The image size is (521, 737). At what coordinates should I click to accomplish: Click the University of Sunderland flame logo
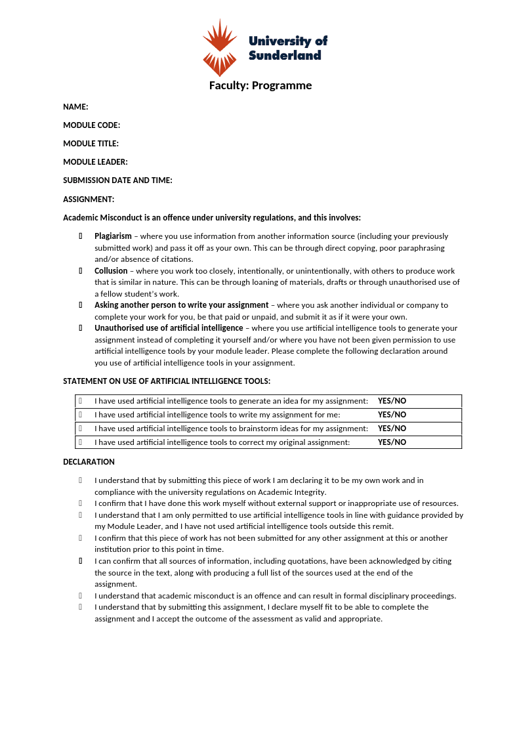pos(219,48)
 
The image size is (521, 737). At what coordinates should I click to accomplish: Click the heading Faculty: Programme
pos(260,85)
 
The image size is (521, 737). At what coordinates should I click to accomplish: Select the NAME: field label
pos(75,107)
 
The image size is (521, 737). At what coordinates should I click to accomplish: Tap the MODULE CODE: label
pos(91,125)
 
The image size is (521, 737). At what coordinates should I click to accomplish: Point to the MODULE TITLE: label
pos(91,144)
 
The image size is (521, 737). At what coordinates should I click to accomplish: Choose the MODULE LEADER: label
pos(95,162)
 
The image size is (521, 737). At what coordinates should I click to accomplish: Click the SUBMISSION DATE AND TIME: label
pos(117,180)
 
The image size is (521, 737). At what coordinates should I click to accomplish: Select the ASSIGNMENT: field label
pos(89,200)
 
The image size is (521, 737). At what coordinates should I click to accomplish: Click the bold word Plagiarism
pos(113,236)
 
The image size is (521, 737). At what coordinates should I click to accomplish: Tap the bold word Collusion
pos(111,271)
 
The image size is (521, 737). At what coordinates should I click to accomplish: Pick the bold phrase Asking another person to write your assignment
pos(181,305)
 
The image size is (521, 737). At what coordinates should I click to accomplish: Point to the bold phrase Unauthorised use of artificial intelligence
pos(169,328)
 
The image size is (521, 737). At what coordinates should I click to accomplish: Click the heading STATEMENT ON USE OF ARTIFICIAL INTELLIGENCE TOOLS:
pos(167,381)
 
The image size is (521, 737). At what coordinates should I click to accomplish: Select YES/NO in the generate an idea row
pos(392,401)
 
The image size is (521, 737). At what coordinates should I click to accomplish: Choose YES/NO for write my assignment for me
pos(392,415)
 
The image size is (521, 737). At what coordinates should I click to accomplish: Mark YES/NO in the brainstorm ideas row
pos(392,429)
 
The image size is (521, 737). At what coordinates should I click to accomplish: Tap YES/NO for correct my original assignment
pos(392,442)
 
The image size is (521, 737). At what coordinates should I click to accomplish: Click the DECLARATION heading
pos(89,462)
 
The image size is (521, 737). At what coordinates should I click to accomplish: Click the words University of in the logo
pos(287,41)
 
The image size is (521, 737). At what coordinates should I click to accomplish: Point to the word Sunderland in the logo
pos(285,55)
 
